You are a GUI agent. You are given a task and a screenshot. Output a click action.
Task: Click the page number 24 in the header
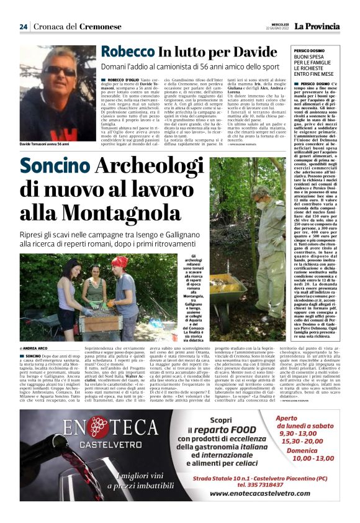point(24,27)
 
